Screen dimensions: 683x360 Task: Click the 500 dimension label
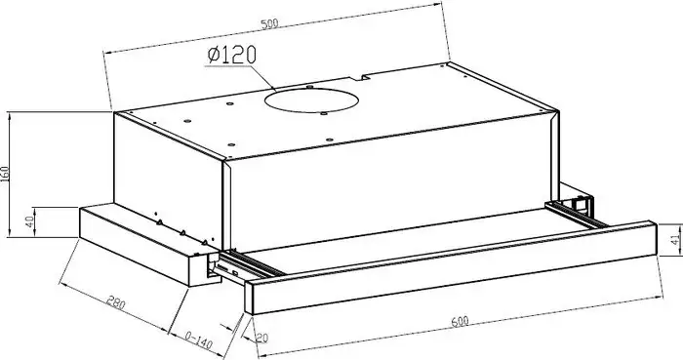[x=269, y=24]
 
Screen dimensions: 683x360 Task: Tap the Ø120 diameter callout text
[x=232, y=55]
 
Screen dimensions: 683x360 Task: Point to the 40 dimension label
[x=29, y=222]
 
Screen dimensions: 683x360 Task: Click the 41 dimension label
[x=675, y=239]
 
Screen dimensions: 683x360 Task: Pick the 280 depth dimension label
[x=116, y=302]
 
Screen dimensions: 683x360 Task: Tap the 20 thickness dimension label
[x=261, y=338]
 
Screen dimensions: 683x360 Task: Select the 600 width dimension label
[x=460, y=322]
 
